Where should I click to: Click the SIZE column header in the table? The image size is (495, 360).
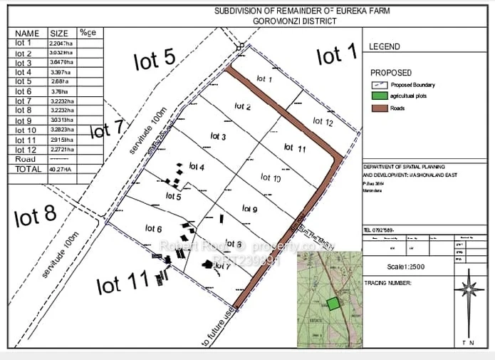tap(58, 34)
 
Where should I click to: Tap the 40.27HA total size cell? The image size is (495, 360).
tap(62, 170)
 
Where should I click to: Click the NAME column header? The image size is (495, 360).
tap(27, 34)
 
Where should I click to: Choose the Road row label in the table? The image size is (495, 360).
tap(24, 160)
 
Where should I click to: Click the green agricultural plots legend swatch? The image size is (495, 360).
tap(380, 96)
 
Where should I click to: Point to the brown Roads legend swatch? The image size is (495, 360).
tap(380, 108)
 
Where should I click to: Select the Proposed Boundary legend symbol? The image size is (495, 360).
tap(380, 85)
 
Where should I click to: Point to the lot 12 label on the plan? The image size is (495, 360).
tap(323, 122)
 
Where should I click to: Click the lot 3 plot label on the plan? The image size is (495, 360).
tap(218, 136)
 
